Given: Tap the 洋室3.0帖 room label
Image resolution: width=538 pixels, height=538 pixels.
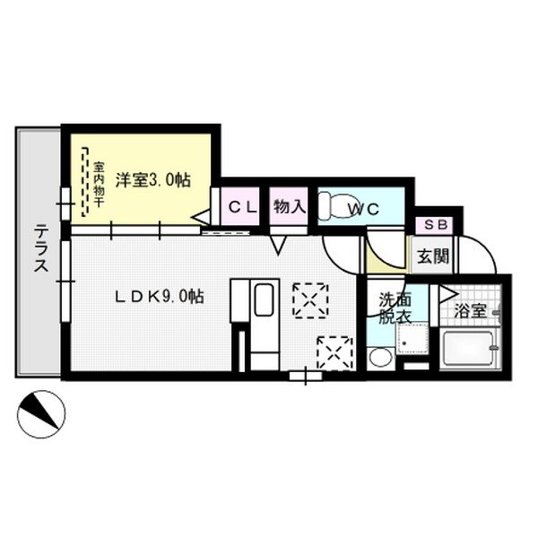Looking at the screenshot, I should click(x=158, y=179).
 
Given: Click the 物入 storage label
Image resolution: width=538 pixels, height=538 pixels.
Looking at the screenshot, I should click(x=289, y=206).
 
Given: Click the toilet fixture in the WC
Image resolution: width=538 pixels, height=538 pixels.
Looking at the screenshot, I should click(x=336, y=208).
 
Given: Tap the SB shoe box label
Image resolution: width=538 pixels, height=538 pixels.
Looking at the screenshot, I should click(x=436, y=225).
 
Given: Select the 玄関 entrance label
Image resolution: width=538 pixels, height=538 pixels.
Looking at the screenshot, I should click(x=430, y=257).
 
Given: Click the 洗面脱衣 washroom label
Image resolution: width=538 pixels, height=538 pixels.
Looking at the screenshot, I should click(x=394, y=308).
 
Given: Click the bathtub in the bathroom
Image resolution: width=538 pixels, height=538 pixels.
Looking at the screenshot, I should click(x=467, y=350).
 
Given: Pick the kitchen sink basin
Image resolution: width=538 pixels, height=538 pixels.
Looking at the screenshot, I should click(x=263, y=299).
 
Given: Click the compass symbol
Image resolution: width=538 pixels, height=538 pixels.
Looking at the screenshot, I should click(x=40, y=412).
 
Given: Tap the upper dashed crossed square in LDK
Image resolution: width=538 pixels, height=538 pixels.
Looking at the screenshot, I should click(x=310, y=299).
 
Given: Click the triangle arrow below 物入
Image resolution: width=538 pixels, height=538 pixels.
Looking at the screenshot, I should click(x=279, y=242).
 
